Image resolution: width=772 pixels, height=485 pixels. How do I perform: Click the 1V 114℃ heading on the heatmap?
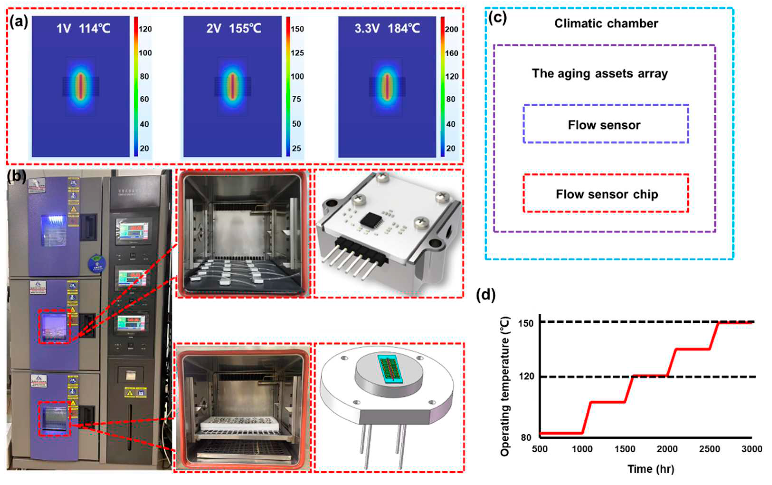pyautogui.click(x=83, y=29)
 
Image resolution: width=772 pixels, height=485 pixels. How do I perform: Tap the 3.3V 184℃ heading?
pyautogui.click(x=387, y=29)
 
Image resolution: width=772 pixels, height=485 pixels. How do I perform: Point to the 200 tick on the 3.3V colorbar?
pyautogui.click(x=451, y=29)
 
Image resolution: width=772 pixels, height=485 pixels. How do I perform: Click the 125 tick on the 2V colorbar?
pyautogui.click(x=297, y=53)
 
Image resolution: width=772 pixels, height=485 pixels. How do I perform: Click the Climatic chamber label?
pyautogui.click(x=606, y=24)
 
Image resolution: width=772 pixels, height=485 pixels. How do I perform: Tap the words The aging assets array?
pyautogui.click(x=600, y=73)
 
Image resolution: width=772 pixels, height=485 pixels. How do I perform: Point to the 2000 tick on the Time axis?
pyautogui.click(x=667, y=449)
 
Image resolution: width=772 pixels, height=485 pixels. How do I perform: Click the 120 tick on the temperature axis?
pyautogui.click(x=526, y=376)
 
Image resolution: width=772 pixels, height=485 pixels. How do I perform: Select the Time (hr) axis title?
pyautogui.click(x=651, y=469)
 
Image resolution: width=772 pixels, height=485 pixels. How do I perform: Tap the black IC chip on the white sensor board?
pyautogui.click(x=371, y=219)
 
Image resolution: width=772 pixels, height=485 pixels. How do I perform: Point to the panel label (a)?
pyautogui.click(x=19, y=22)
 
